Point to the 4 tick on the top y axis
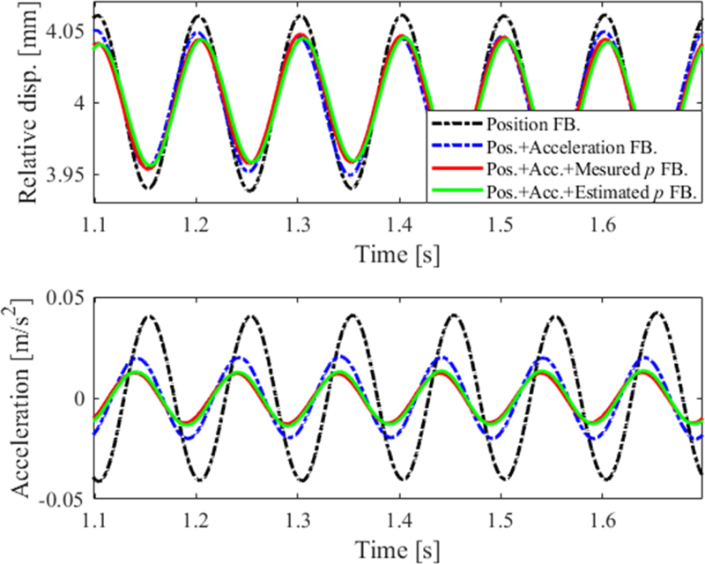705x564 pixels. [x=78, y=103]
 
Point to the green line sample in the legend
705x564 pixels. [x=455, y=189]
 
